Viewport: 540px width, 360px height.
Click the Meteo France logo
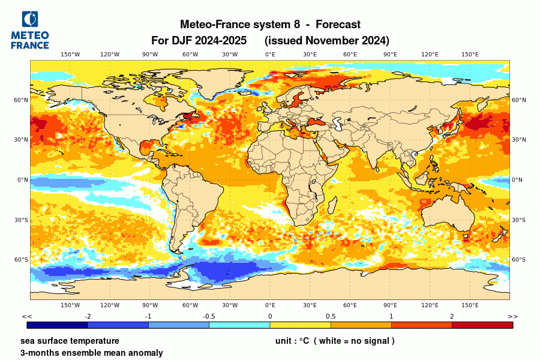[x=30, y=30]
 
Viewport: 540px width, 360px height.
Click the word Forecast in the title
[x=338, y=25]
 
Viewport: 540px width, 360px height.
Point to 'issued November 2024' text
[x=327, y=41]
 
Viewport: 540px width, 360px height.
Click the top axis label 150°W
[x=70, y=55]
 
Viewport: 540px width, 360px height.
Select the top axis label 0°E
[x=270, y=55]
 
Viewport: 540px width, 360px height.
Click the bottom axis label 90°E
[x=390, y=305]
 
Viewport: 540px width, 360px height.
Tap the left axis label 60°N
[x=22, y=100]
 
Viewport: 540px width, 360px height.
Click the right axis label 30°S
[x=518, y=220]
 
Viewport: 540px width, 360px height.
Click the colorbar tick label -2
[x=88, y=316]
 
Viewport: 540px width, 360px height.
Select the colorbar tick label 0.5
[x=331, y=316]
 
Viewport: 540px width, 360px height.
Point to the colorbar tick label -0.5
[x=209, y=316]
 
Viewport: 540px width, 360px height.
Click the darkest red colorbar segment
[x=482, y=325]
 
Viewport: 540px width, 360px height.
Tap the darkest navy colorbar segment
[x=57, y=325]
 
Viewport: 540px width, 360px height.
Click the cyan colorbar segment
[x=239, y=325]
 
